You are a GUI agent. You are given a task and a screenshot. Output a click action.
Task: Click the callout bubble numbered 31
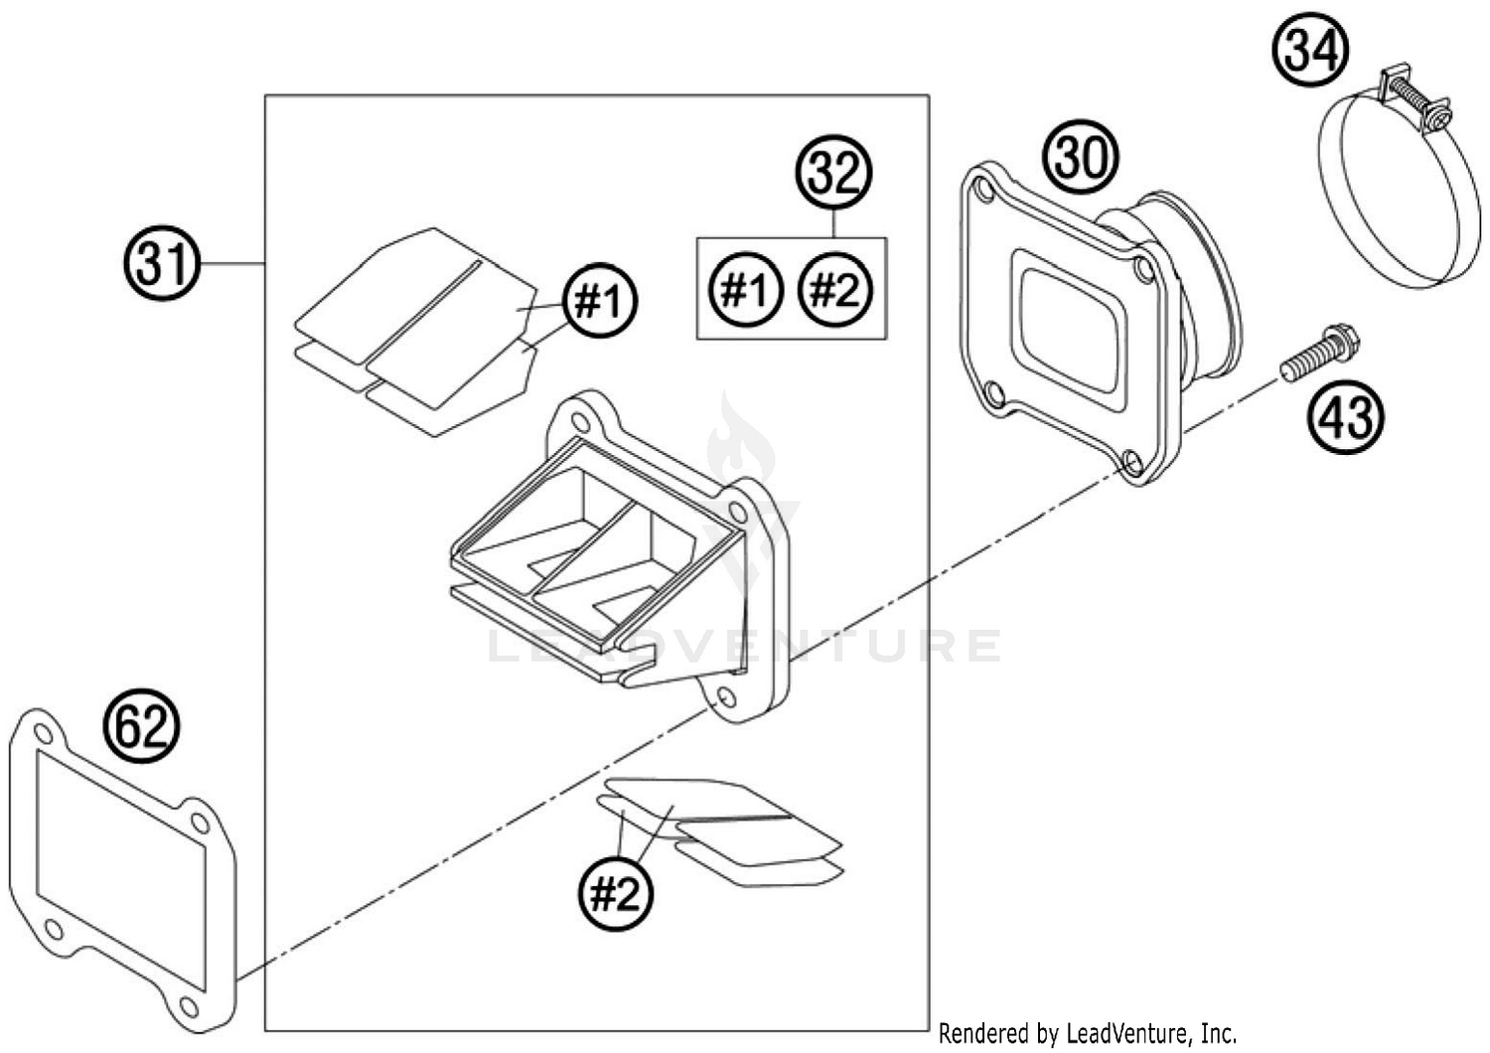click(x=163, y=264)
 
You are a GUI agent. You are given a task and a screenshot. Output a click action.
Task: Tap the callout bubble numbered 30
click(x=1080, y=157)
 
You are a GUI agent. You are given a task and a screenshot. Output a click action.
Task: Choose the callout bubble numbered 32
click(x=834, y=173)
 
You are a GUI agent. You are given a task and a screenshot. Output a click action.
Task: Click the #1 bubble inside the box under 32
click(x=746, y=290)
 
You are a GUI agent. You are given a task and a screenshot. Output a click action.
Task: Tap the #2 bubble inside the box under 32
click(x=835, y=290)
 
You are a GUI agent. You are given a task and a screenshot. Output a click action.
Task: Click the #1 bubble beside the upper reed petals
click(x=600, y=299)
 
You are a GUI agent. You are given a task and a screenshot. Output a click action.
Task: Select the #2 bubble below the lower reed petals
click(x=616, y=895)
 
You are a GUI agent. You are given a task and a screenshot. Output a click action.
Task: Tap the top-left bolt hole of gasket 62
click(x=41, y=733)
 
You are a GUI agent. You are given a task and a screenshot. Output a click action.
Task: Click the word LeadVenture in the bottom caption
click(x=1122, y=1034)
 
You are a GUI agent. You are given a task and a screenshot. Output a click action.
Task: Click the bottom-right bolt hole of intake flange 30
click(x=1130, y=460)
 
